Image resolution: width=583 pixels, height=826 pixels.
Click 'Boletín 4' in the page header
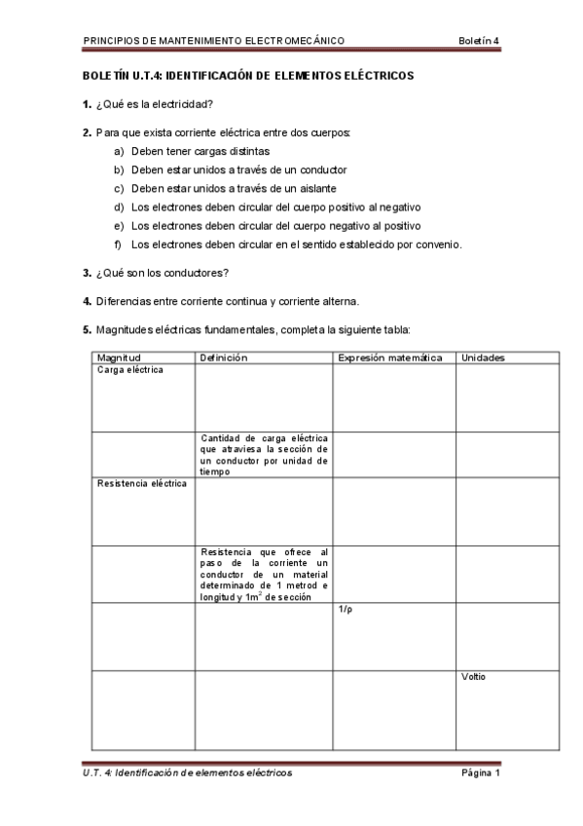click(478, 40)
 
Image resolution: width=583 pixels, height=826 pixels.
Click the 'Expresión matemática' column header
click(389, 357)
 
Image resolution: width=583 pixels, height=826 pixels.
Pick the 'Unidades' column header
click(483, 357)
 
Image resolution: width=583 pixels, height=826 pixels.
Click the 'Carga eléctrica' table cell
click(129, 370)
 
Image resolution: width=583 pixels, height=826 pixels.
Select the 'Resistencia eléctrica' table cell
click(141, 483)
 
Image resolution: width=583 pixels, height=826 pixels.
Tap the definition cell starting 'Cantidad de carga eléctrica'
click(264, 455)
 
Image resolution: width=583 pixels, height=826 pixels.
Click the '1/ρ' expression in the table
click(346, 609)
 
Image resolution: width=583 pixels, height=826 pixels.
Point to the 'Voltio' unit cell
click(473, 676)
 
